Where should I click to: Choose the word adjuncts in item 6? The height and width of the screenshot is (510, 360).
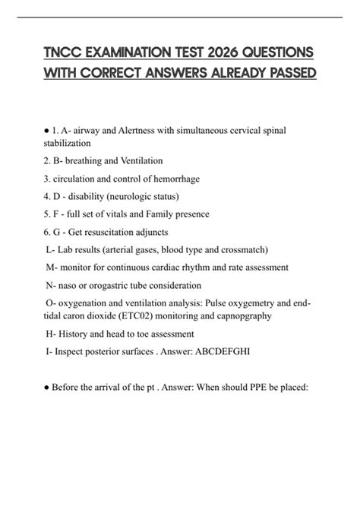(x=148, y=232)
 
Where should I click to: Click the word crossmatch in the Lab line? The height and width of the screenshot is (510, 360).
(x=237, y=249)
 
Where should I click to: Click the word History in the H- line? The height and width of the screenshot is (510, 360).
(x=75, y=334)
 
